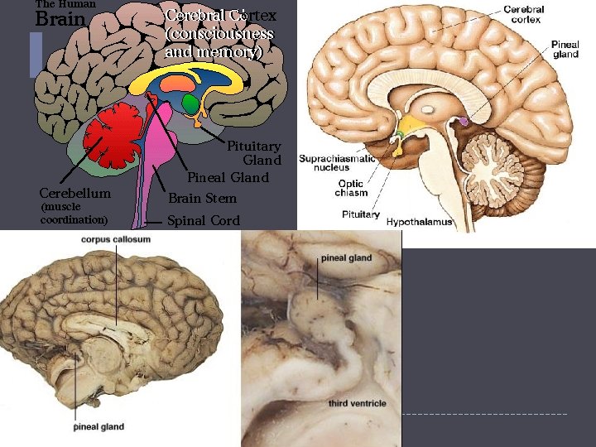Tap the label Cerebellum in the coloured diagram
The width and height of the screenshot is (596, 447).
tap(74, 193)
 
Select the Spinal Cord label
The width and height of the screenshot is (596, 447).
tap(204, 221)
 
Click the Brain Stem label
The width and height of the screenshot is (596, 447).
tap(203, 199)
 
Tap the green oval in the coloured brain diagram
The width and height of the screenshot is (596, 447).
tap(192, 104)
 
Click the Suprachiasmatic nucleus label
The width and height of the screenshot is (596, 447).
tap(336, 161)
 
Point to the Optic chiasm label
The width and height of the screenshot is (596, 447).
tap(351, 189)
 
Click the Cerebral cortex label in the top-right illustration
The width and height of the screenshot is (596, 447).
tap(524, 14)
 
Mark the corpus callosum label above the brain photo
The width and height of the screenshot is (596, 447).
tap(116, 239)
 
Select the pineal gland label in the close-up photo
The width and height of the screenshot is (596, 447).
tap(347, 258)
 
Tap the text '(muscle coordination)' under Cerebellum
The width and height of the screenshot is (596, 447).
tap(74, 214)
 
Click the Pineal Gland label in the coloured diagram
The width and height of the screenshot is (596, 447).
tap(228, 177)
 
